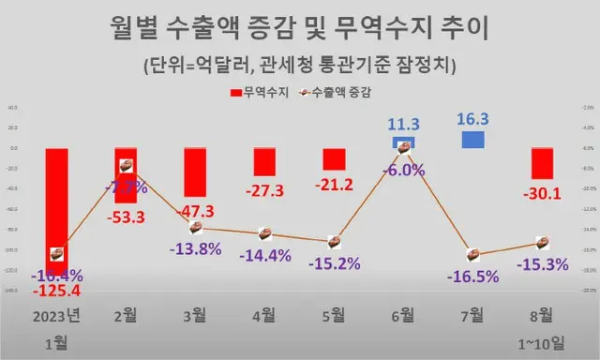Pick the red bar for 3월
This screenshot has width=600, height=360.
point(195,172)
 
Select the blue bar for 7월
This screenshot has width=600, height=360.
point(473,140)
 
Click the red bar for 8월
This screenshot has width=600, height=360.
point(542,163)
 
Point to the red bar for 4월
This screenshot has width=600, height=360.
point(264,161)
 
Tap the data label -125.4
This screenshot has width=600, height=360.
point(56,291)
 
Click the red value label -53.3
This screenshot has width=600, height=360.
point(127,217)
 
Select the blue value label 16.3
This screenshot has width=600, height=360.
point(473,120)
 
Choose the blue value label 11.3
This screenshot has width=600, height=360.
point(404,122)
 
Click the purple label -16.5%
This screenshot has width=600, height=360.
point(473,276)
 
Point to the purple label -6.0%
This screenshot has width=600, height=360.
point(404,170)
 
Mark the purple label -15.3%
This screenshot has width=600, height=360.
point(542,264)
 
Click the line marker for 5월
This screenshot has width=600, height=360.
point(335,241)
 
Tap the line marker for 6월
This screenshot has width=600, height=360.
point(404,146)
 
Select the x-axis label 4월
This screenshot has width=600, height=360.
point(264,316)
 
